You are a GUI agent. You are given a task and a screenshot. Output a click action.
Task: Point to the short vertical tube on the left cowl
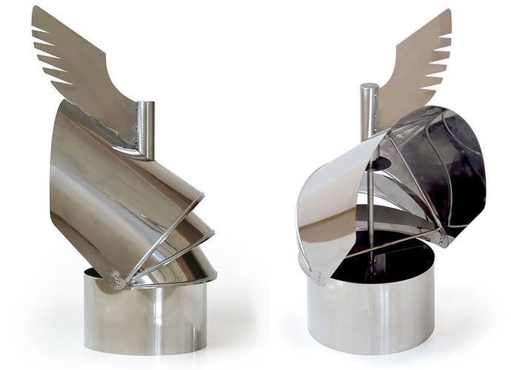click(x=146, y=129)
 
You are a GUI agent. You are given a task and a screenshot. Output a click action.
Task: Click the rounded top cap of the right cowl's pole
click(x=369, y=90)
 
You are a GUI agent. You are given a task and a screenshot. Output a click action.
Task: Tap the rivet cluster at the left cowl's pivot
click(x=118, y=280)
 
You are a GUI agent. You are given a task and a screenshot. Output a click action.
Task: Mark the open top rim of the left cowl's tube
click(x=147, y=104)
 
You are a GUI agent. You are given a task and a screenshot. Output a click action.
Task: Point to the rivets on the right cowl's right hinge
click(x=444, y=237)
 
